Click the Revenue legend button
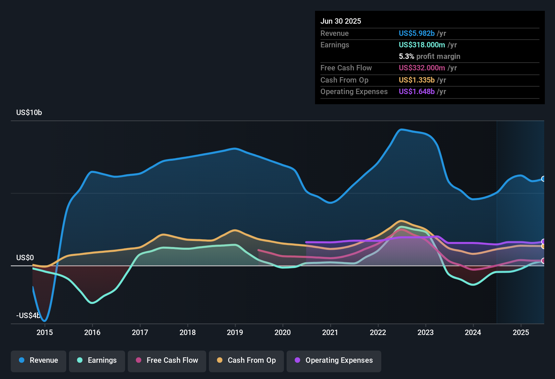pos(39,360)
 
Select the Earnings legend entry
pos(97,360)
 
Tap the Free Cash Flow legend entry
pos(167,360)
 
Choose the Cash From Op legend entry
pos(246,360)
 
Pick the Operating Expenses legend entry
pos(334,360)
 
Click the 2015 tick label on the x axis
pos(45,332)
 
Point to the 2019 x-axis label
pos(235,332)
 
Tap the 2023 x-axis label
pos(426,332)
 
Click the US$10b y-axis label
pos(29,113)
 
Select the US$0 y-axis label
pos(25,258)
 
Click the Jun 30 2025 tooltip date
pos(341,21)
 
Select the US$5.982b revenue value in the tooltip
pos(416,34)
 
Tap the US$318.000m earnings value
pos(421,45)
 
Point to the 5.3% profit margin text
pos(429,57)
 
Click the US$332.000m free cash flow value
pos(421,68)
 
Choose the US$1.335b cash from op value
pos(416,80)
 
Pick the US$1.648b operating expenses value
pos(416,92)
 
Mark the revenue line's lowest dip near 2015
pos(45,320)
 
